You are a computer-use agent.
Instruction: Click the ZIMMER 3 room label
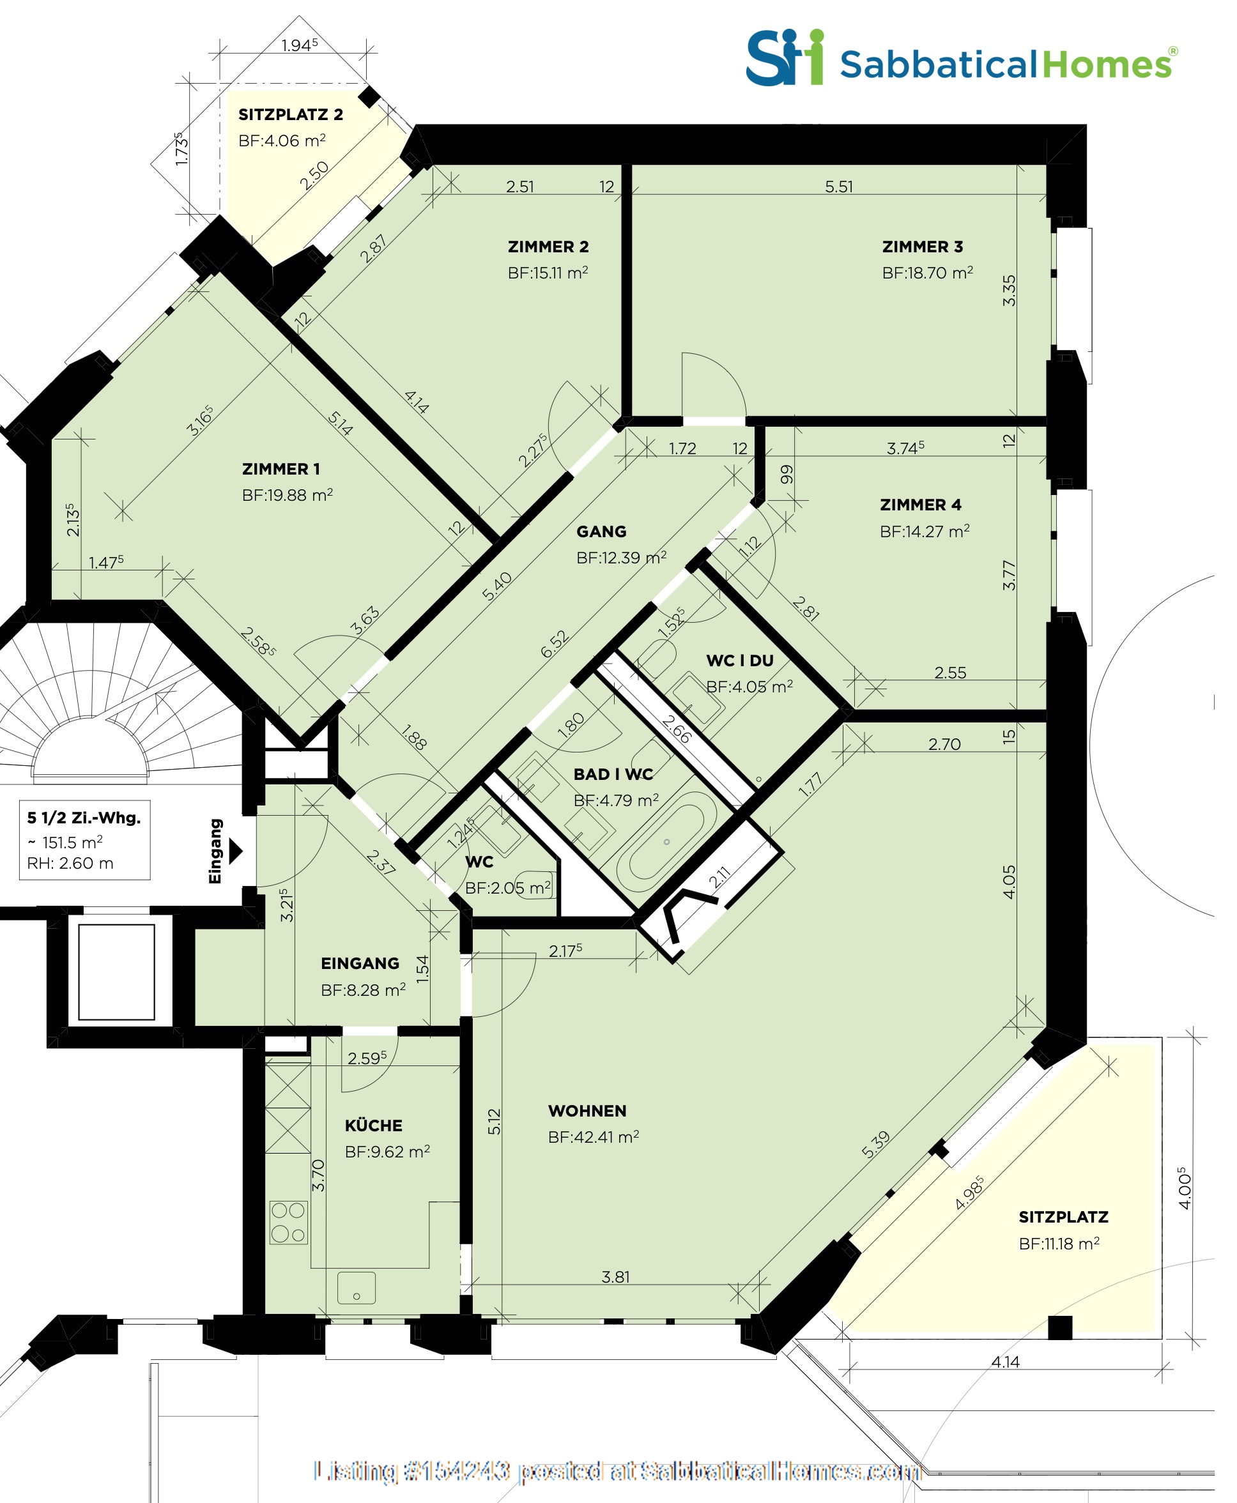tap(922, 247)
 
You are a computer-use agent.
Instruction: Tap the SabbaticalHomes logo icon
tap(784, 57)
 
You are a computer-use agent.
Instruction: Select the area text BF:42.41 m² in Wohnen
tap(593, 1137)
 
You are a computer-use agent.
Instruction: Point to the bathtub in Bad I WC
tap(667, 841)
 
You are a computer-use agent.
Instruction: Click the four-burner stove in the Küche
tap(289, 1223)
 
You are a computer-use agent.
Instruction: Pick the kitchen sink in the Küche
tap(357, 1288)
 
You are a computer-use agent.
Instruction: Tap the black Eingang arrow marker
tap(235, 851)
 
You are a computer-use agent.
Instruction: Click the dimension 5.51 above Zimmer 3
tap(839, 187)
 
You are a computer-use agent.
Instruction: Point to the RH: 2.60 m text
tap(70, 864)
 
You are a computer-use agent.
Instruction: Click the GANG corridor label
tap(601, 531)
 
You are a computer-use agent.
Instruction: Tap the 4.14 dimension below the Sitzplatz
tap(1004, 1362)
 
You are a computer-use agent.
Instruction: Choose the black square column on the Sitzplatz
tap(1059, 1328)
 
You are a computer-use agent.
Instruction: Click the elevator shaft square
tap(116, 972)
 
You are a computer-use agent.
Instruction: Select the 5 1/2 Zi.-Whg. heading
tap(83, 818)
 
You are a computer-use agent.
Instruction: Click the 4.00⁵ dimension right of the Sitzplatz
tap(1183, 1187)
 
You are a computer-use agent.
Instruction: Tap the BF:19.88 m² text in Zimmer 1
tap(287, 495)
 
